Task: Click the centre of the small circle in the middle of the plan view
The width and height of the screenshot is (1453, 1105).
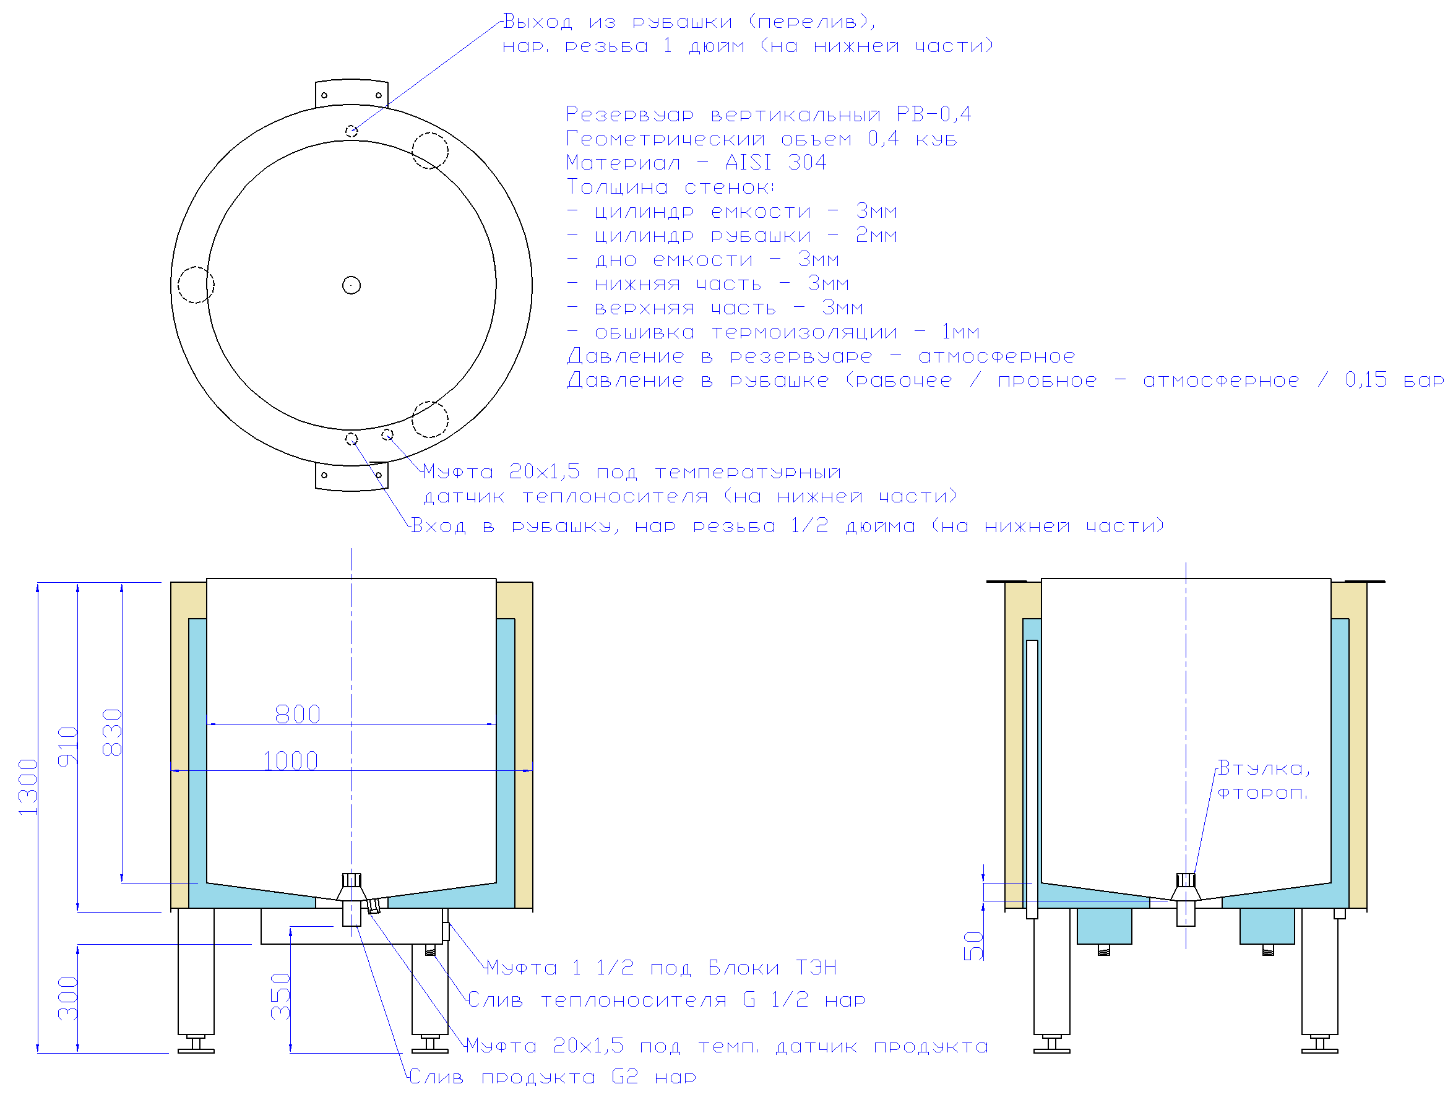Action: click(351, 285)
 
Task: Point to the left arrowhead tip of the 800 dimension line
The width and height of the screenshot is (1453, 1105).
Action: click(207, 724)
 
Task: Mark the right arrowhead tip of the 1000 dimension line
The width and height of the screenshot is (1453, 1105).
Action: click(532, 770)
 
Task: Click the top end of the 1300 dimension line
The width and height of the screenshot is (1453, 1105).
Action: click(38, 583)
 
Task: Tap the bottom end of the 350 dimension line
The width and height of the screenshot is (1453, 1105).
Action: click(290, 1053)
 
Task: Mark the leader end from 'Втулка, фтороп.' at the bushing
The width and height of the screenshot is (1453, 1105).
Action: click(1193, 876)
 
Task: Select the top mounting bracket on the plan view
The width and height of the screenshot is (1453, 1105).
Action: click(351, 93)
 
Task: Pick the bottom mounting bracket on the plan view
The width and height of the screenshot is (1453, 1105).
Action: click(351, 477)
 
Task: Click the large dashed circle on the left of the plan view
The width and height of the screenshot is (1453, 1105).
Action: click(196, 285)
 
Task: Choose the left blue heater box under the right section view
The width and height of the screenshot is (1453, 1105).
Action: click(1105, 926)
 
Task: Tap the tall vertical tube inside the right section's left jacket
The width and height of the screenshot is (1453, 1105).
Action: click(1032, 779)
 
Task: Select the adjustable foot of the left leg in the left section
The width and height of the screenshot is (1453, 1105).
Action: click(196, 1044)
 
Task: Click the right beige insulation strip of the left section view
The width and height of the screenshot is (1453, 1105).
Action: click(524, 745)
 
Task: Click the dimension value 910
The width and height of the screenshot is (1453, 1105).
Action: click(67, 747)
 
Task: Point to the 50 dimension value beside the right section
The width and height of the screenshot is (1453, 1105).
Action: click(973, 946)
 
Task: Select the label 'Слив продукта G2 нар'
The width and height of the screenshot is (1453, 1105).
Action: click(553, 1077)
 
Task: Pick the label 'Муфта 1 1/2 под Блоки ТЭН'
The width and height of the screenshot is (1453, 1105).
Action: click(661, 968)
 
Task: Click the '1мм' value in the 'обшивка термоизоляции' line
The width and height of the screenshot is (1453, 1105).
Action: click(960, 332)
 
